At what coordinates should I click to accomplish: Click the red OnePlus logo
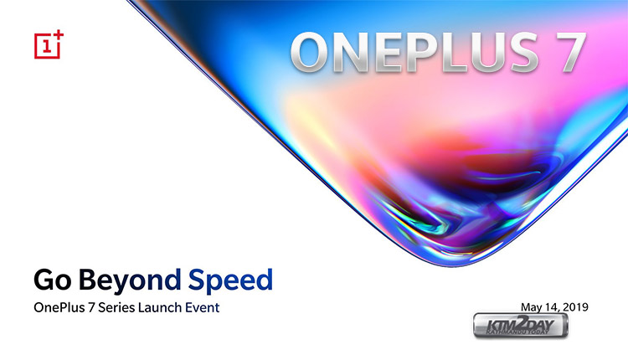click(x=49, y=44)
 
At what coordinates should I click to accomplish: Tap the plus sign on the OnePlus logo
click(x=59, y=35)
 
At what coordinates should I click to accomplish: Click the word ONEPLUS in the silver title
click(x=414, y=53)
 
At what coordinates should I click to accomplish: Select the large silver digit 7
click(x=570, y=53)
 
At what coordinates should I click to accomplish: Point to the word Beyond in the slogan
click(x=130, y=280)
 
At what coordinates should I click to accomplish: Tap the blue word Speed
click(x=230, y=280)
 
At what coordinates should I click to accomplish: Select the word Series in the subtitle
click(x=116, y=307)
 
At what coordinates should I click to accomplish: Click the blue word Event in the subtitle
click(x=203, y=307)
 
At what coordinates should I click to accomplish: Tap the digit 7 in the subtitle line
click(x=91, y=307)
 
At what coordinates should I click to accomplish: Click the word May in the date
click(x=532, y=307)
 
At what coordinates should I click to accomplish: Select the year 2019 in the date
click(x=575, y=306)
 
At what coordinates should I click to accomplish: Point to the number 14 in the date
click(x=552, y=307)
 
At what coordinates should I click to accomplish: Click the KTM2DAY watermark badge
click(x=520, y=325)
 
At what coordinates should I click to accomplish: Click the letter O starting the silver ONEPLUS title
click(x=311, y=53)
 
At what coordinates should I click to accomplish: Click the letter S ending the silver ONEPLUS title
click(x=522, y=53)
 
